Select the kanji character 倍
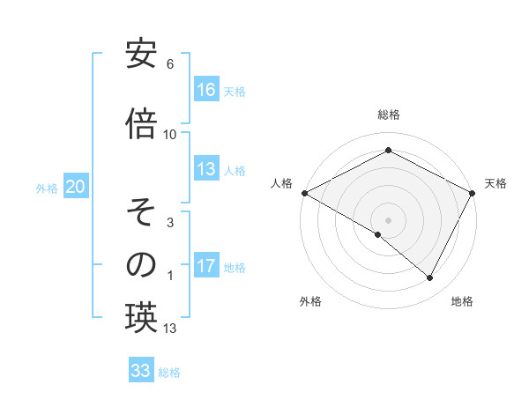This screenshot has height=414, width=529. (x=141, y=122)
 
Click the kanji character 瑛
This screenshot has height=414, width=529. (x=141, y=317)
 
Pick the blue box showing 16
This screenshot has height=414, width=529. (x=206, y=90)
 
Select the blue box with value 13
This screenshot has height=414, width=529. (x=206, y=169)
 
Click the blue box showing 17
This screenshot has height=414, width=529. (x=206, y=266)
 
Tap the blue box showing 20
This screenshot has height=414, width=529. (x=76, y=187)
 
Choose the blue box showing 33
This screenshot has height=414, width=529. (x=141, y=371)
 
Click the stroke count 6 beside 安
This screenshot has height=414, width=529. (x=170, y=64)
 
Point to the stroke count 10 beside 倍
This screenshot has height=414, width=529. (x=170, y=134)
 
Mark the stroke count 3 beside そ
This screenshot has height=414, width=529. (x=170, y=223)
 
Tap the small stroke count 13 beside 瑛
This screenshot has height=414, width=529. (x=170, y=329)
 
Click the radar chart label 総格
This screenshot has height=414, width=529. (x=388, y=115)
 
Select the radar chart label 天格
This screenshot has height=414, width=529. (x=495, y=183)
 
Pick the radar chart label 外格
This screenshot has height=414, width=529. (x=310, y=302)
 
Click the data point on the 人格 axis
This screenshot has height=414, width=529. (x=304, y=193)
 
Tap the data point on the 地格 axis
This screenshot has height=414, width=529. (x=430, y=278)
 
